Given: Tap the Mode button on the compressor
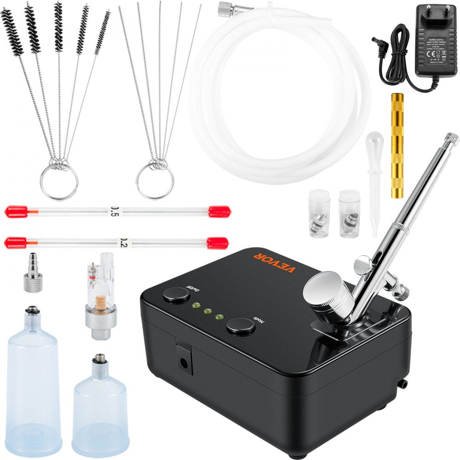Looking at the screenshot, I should pyautogui.click(x=240, y=327).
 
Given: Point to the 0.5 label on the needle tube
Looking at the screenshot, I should pyautogui.click(x=112, y=211).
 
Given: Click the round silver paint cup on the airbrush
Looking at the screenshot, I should pyautogui.click(x=323, y=290).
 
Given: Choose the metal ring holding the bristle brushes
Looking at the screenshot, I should pyautogui.click(x=59, y=182).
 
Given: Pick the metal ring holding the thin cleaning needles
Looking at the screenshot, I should pyautogui.click(x=155, y=181).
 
